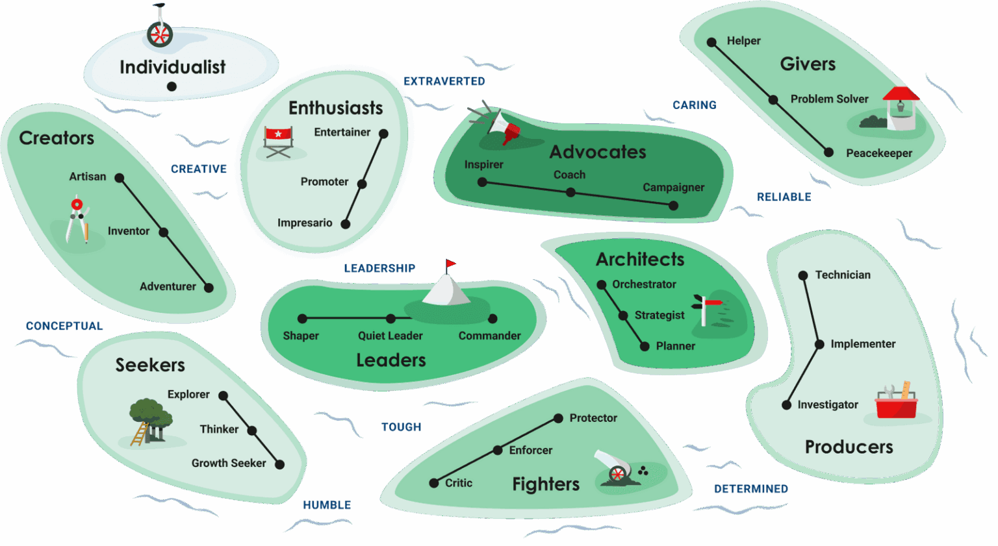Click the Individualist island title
(172, 68)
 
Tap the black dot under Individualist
(172, 86)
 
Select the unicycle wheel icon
(160, 34)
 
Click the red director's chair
(279, 142)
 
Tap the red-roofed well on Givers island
(901, 108)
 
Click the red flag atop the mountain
(451, 264)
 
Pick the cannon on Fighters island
(615, 467)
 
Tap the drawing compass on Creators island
(77, 218)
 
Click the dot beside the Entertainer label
(383, 133)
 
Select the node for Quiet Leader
(390, 318)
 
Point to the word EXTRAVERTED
(444, 82)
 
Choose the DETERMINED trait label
(751, 489)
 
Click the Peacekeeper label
(879, 153)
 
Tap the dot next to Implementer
(819, 344)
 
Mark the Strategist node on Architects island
(623, 316)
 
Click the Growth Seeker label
(229, 463)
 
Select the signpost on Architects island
(706, 310)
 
